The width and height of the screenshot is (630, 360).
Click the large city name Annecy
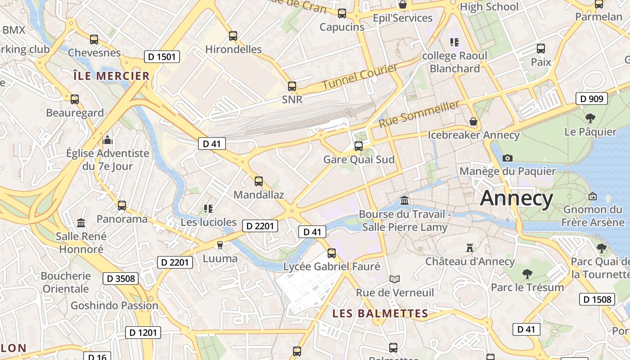[517, 198]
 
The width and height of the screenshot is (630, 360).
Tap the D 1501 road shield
[162, 57]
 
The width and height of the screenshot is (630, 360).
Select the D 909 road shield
[592, 99]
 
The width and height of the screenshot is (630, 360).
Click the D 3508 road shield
[121, 279]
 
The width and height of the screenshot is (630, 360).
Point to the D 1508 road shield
[597, 299]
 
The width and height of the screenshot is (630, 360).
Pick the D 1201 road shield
[143, 333]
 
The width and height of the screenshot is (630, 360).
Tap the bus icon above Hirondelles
[233, 36]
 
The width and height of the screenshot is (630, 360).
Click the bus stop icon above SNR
[292, 86]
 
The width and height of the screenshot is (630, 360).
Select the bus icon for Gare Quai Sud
[359, 146]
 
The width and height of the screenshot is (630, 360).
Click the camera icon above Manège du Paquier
[508, 158]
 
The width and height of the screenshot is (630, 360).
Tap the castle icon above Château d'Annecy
[470, 247]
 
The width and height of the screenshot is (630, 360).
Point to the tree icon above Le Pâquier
[590, 118]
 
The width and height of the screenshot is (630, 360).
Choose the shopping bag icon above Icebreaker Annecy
[473, 121]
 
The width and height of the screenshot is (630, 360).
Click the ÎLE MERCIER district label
[111, 76]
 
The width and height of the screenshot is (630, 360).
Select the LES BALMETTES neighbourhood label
[380, 314]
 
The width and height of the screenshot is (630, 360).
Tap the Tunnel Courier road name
[360, 76]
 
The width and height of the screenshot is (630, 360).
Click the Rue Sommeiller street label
[419, 114]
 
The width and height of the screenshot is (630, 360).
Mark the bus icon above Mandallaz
[259, 181]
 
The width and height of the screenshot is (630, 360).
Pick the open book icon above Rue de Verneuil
[395, 279]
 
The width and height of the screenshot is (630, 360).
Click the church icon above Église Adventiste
[107, 140]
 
